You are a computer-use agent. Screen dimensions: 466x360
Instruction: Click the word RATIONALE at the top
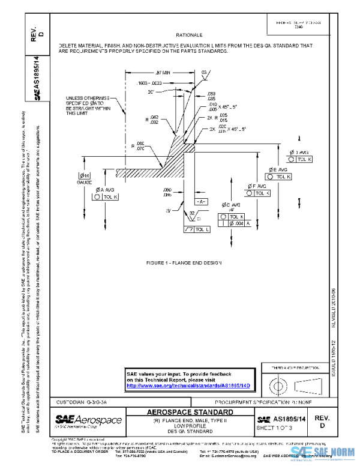click(x=189, y=35)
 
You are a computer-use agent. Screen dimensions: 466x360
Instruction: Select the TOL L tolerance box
click(x=198, y=229)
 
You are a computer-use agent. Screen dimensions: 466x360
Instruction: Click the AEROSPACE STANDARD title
click(x=191, y=412)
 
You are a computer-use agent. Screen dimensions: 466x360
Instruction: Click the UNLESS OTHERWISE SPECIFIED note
click(x=88, y=104)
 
